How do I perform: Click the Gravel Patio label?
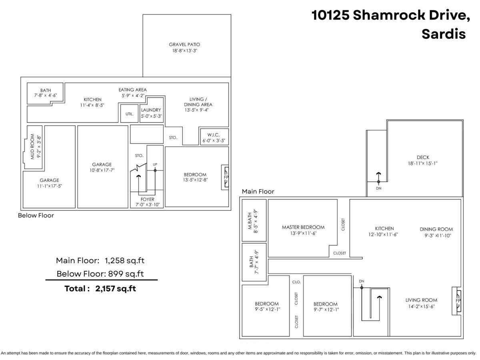point(184,44)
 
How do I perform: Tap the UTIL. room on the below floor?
point(129,114)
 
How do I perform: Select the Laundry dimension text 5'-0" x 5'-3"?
point(151,116)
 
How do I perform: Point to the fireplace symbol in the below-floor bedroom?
point(226,177)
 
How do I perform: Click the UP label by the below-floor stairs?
point(154,164)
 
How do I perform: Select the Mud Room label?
point(33,147)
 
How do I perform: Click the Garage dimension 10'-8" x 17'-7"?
point(102,170)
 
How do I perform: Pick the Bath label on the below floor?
point(45,90)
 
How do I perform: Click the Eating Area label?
point(132,90)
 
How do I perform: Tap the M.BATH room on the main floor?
point(254,220)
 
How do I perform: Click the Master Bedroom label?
point(303,227)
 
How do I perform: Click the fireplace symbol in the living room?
point(456,300)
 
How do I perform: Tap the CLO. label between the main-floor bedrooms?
point(296,282)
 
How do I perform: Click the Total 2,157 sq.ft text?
point(100,288)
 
